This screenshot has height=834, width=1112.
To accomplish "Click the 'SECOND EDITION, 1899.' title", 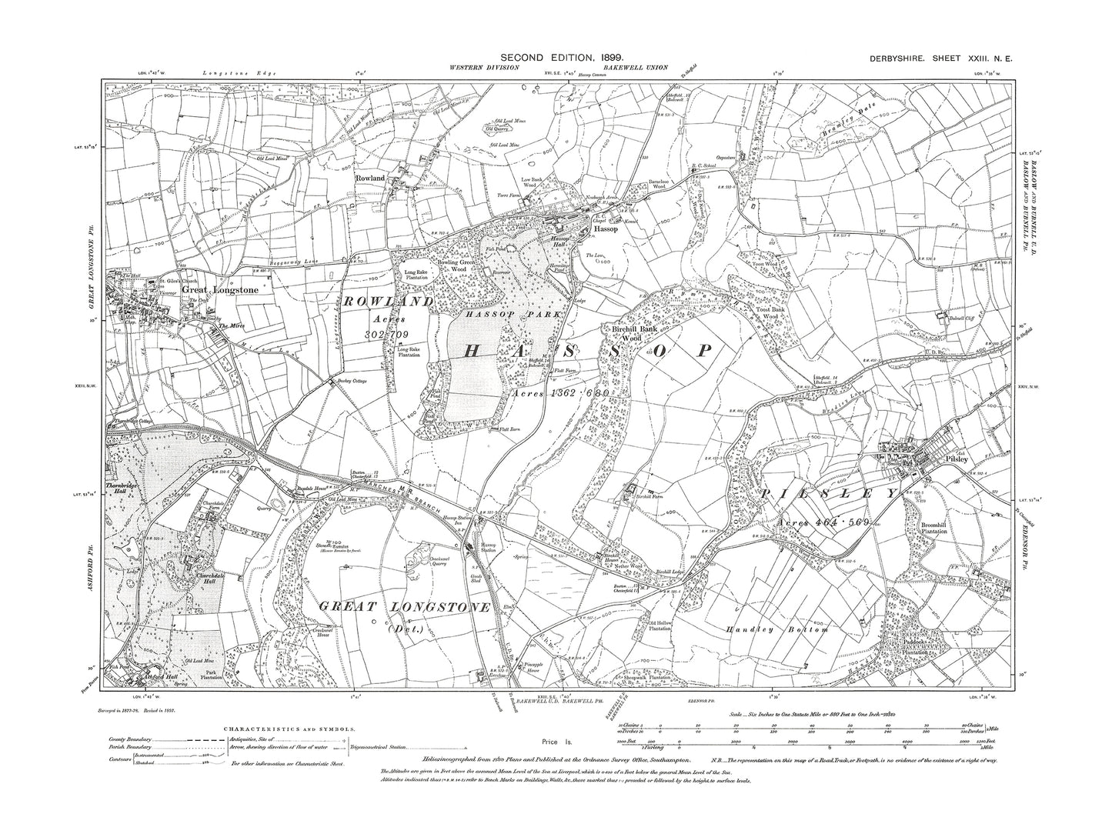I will (x=562, y=58).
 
